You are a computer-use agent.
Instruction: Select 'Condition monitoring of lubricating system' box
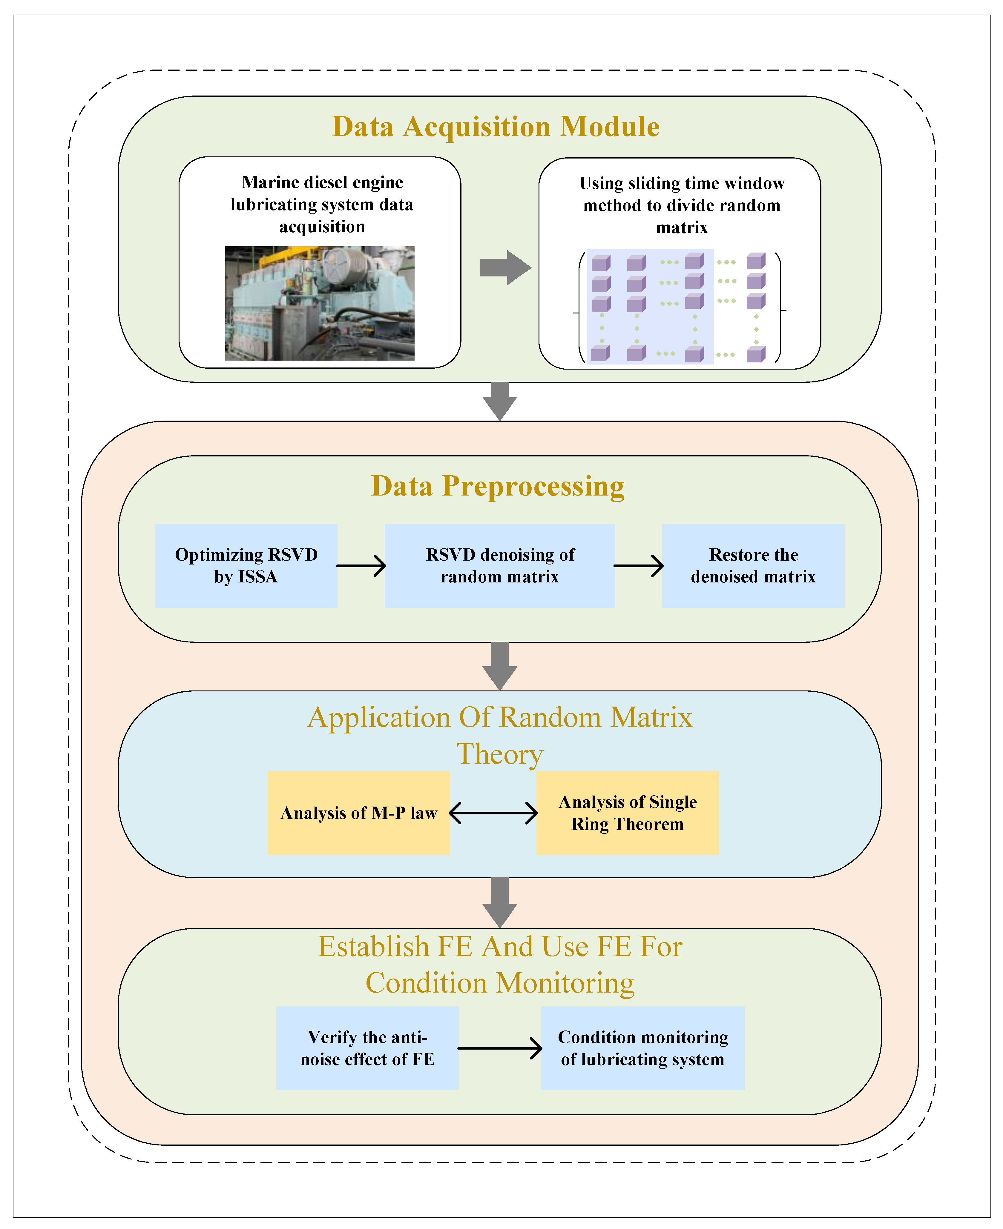point(642,1048)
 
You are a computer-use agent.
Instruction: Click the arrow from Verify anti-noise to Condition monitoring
point(500,1048)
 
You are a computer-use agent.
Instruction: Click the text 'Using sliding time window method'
point(682,194)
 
